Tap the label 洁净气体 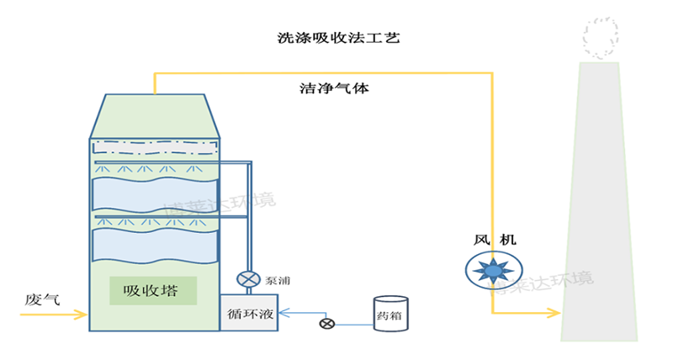[334, 87]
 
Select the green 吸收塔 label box [153, 291]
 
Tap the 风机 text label [495, 240]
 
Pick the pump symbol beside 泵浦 [247, 279]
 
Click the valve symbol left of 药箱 [326, 323]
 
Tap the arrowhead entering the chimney [554, 314]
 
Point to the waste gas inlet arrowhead [82, 315]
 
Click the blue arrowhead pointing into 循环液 [282, 313]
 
